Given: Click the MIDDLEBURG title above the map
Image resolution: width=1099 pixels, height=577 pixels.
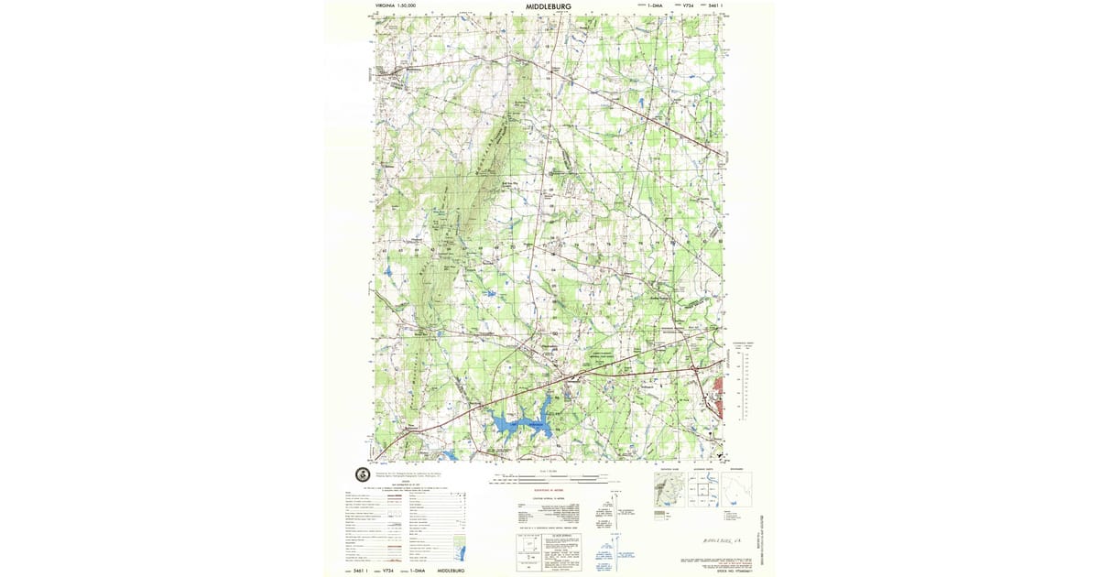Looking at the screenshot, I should [549, 5].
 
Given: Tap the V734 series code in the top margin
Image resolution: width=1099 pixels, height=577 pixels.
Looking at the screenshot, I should [685, 5].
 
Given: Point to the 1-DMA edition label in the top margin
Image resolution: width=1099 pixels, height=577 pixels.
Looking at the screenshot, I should [654, 5].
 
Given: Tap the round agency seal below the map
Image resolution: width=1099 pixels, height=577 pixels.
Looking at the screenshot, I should [362, 474].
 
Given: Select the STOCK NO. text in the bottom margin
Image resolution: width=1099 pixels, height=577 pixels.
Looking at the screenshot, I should [723, 567].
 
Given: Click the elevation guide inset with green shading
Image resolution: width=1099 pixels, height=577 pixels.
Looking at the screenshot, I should [669, 490].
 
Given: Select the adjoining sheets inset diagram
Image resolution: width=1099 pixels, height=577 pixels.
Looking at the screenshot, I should [702, 490].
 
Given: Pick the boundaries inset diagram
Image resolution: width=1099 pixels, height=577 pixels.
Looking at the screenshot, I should [735, 490].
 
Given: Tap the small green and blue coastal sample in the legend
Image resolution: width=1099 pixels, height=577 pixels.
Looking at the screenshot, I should [462, 552].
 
